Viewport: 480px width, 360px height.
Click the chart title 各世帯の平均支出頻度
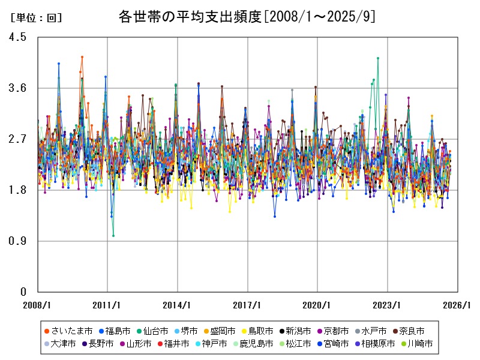(x=191, y=16)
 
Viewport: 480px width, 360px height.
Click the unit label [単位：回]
(x=37, y=18)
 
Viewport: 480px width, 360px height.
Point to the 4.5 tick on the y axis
(x=19, y=37)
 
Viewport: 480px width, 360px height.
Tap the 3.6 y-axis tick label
(x=19, y=88)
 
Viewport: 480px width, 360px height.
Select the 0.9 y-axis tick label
(x=19, y=241)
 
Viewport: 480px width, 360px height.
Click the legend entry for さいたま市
(x=68, y=331)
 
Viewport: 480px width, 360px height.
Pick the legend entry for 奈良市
(x=409, y=331)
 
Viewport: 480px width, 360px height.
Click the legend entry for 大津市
(x=59, y=344)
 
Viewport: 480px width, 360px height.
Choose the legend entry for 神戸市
(x=211, y=344)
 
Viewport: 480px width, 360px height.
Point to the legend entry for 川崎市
(x=416, y=344)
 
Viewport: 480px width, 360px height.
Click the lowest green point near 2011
(x=113, y=236)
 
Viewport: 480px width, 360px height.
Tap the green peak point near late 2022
(x=378, y=58)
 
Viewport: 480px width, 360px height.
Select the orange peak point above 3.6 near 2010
(x=82, y=57)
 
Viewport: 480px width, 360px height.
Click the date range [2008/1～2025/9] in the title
(x=320, y=16)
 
